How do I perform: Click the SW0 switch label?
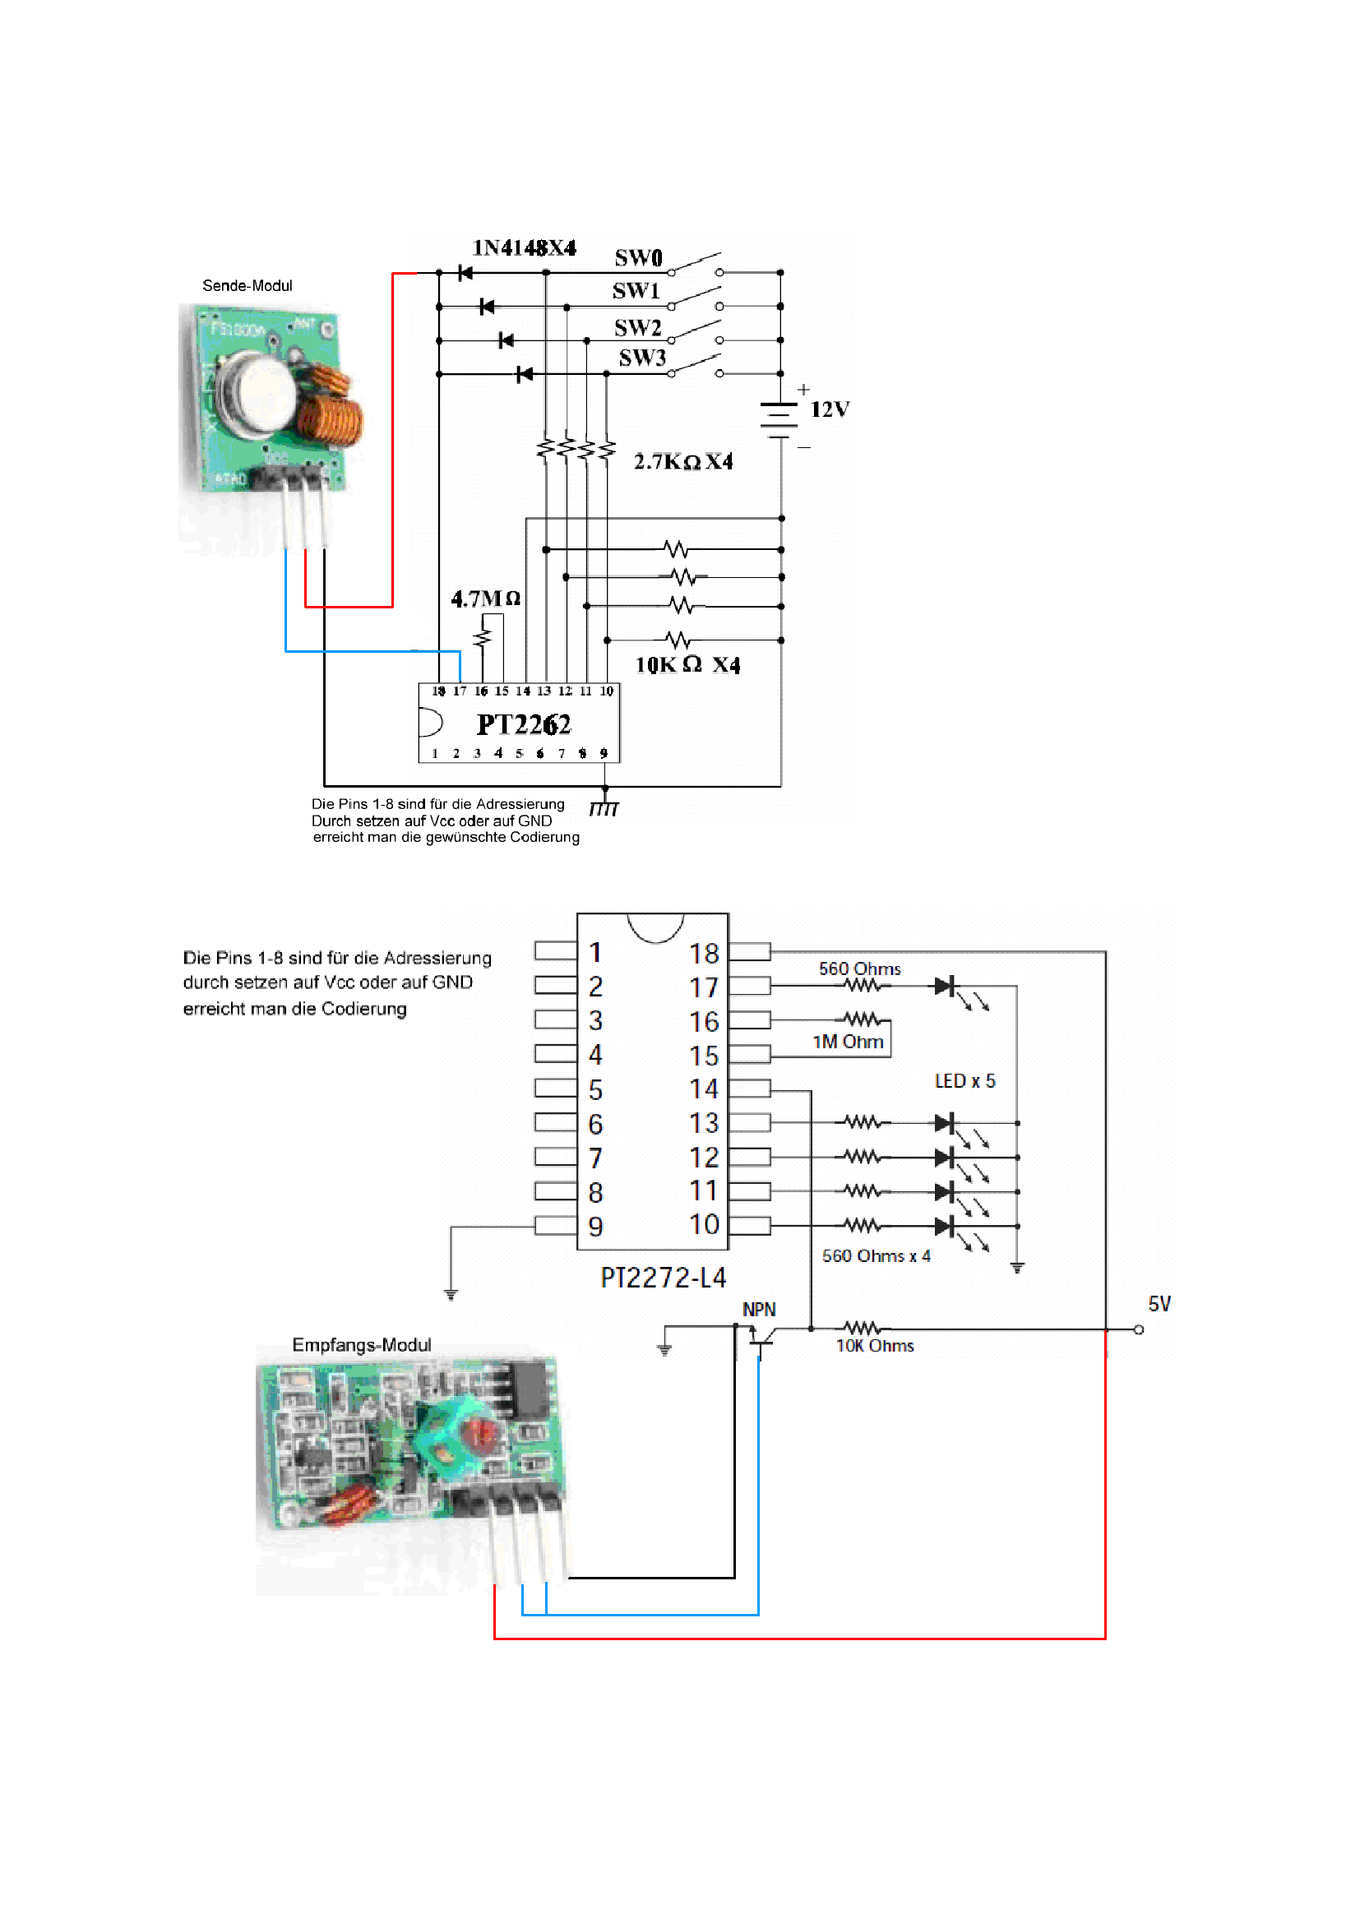[638, 257]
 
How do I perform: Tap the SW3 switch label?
[642, 358]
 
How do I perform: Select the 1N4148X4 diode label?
[525, 248]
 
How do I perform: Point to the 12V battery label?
[829, 409]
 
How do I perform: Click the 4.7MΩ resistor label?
[486, 599]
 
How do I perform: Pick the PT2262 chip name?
[524, 724]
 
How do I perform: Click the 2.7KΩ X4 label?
[682, 462]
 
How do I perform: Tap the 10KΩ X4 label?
[687, 665]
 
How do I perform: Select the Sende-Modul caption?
[247, 285]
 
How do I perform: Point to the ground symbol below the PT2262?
[604, 808]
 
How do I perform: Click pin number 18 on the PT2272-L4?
[704, 953]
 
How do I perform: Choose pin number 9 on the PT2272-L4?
[595, 1227]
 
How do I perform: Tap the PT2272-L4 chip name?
[664, 1278]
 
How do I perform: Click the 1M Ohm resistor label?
[848, 1042]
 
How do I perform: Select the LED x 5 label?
[964, 1081]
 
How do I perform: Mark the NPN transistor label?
[759, 1310]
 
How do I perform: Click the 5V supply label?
[1159, 1304]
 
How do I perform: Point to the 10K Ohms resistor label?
[874, 1346]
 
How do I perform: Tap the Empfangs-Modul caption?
[362, 1345]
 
